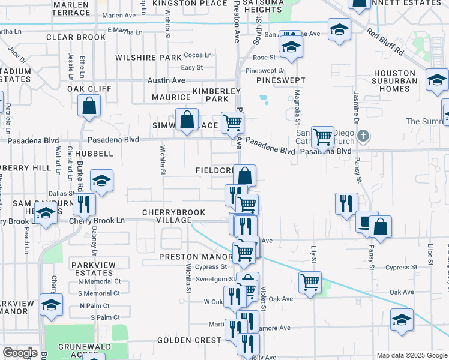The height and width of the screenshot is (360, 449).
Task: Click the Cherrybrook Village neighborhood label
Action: click(x=173, y=217)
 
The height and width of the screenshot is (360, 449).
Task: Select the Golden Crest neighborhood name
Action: click(x=189, y=340)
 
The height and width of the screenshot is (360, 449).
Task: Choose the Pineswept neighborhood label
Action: click(x=280, y=80)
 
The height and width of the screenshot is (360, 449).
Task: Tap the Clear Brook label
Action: click(x=76, y=37)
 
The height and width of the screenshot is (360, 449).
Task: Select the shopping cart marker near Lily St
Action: click(x=310, y=281)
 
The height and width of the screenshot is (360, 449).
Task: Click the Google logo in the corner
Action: click(x=20, y=353)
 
